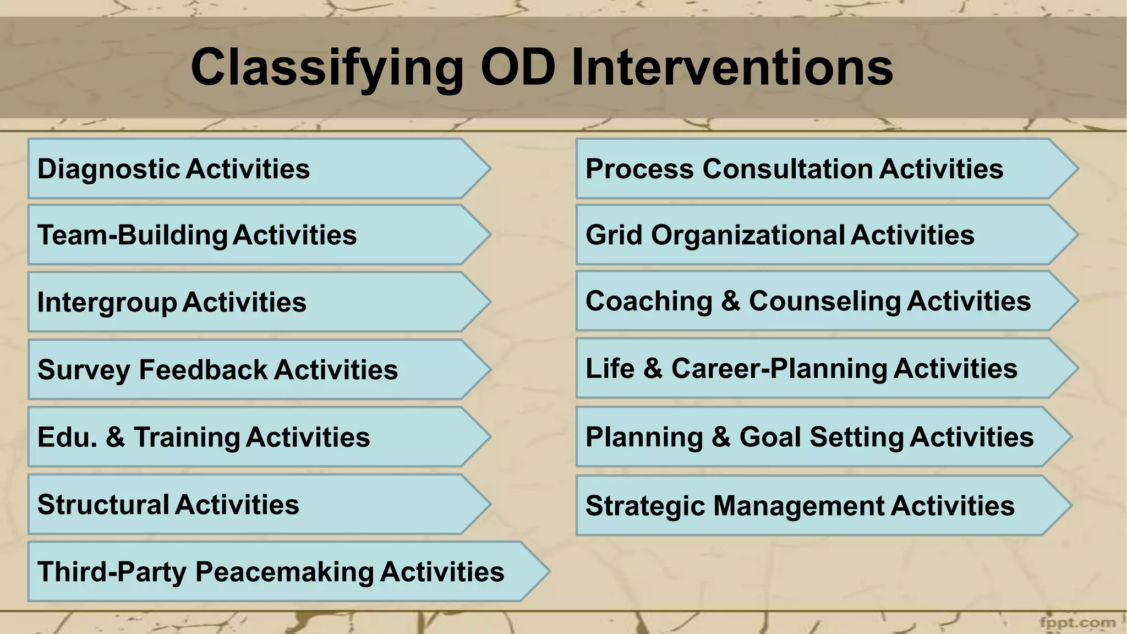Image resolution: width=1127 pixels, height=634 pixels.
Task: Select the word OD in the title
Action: coord(517,67)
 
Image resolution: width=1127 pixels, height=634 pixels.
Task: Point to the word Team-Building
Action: coord(132,235)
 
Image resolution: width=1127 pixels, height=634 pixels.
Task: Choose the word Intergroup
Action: coord(107,303)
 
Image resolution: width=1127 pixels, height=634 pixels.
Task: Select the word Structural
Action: coord(103,505)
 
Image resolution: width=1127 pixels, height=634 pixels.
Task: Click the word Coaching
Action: coord(649,302)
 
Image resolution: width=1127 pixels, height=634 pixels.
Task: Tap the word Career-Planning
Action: coord(779,369)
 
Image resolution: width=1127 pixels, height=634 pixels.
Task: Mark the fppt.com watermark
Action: coord(1077,623)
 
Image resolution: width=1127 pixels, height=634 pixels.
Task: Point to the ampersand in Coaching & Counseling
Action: coord(730,302)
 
